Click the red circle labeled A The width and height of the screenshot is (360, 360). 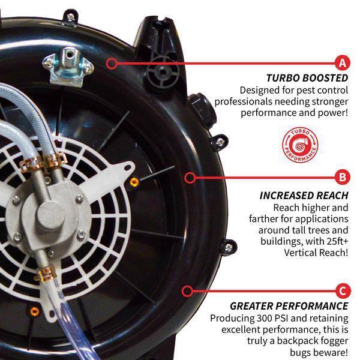(343, 62)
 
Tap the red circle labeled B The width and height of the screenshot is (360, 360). (343, 177)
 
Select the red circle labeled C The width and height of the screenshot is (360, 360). (343, 291)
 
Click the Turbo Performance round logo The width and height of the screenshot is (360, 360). (300, 145)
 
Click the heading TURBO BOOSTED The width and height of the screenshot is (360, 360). (307, 78)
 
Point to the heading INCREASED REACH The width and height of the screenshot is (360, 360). (304, 196)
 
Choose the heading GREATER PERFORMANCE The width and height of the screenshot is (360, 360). (289, 306)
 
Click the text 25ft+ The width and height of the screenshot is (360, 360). (337, 241)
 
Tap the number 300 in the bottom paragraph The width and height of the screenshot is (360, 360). (265, 318)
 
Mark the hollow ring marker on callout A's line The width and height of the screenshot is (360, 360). (112, 63)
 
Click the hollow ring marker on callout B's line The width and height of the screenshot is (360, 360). (190, 178)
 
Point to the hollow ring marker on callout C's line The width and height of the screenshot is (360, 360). (187, 291)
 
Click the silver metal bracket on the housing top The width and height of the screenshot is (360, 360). (68, 66)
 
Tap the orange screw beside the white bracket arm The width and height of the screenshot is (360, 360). (134, 182)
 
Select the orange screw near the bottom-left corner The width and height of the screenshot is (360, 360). (35, 311)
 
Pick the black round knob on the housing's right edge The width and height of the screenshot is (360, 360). (202, 110)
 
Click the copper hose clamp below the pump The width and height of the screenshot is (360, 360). (46, 273)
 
